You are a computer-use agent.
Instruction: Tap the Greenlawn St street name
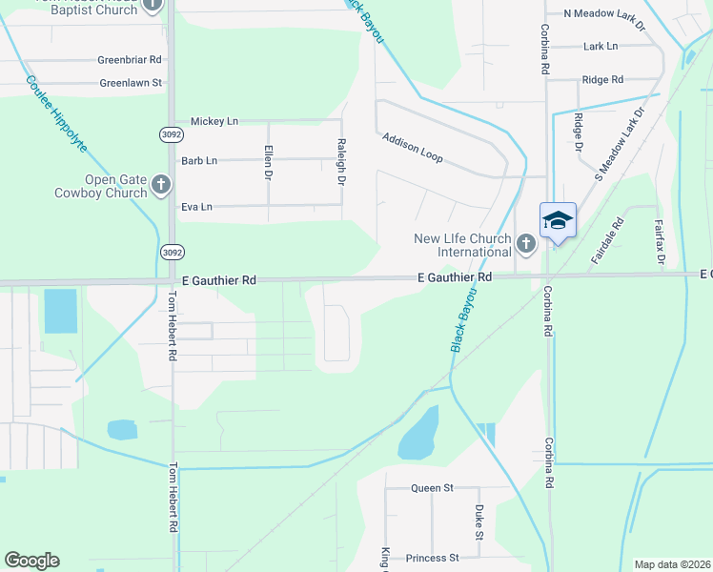pyautogui.click(x=131, y=83)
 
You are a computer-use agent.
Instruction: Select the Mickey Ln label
pyautogui.click(x=214, y=121)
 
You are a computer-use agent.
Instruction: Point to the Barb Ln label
pyautogui.click(x=198, y=160)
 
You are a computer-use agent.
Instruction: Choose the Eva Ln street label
pyautogui.click(x=196, y=206)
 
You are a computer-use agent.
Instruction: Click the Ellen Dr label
pyautogui.click(x=269, y=162)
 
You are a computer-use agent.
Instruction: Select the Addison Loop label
pyautogui.click(x=413, y=147)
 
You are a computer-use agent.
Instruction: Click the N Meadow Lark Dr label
pyautogui.click(x=604, y=13)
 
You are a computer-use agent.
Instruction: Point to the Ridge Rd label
pyautogui.click(x=602, y=79)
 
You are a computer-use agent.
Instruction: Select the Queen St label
pyautogui.click(x=432, y=488)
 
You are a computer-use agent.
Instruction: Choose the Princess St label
pyautogui.click(x=432, y=558)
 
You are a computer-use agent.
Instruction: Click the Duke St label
pyautogui.click(x=479, y=523)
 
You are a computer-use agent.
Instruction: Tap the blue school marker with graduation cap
pyautogui.click(x=558, y=221)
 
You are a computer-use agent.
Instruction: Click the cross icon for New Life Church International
pyautogui.click(x=525, y=245)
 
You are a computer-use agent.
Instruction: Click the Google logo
pyautogui.click(x=31, y=561)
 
